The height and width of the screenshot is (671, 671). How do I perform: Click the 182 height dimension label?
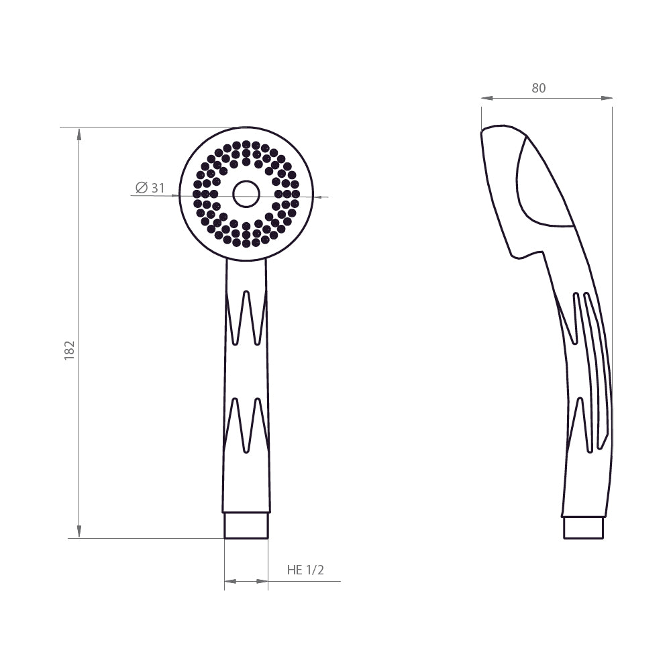pyautogui.click(x=69, y=350)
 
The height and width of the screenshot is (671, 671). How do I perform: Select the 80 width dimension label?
pyautogui.click(x=539, y=88)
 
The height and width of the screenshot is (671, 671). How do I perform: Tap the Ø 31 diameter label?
pyautogui.click(x=150, y=187)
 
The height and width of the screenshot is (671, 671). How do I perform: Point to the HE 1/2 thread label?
pyautogui.click(x=305, y=570)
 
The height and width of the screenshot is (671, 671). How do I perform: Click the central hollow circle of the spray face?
pyautogui.click(x=246, y=194)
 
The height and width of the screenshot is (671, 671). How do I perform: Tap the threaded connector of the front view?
pyautogui.click(x=246, y=525)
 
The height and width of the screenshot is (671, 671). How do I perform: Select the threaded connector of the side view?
pyautogui.click(x=583, y=527)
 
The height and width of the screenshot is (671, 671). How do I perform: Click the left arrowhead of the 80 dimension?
pyautogui.click(x=488, y=99)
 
